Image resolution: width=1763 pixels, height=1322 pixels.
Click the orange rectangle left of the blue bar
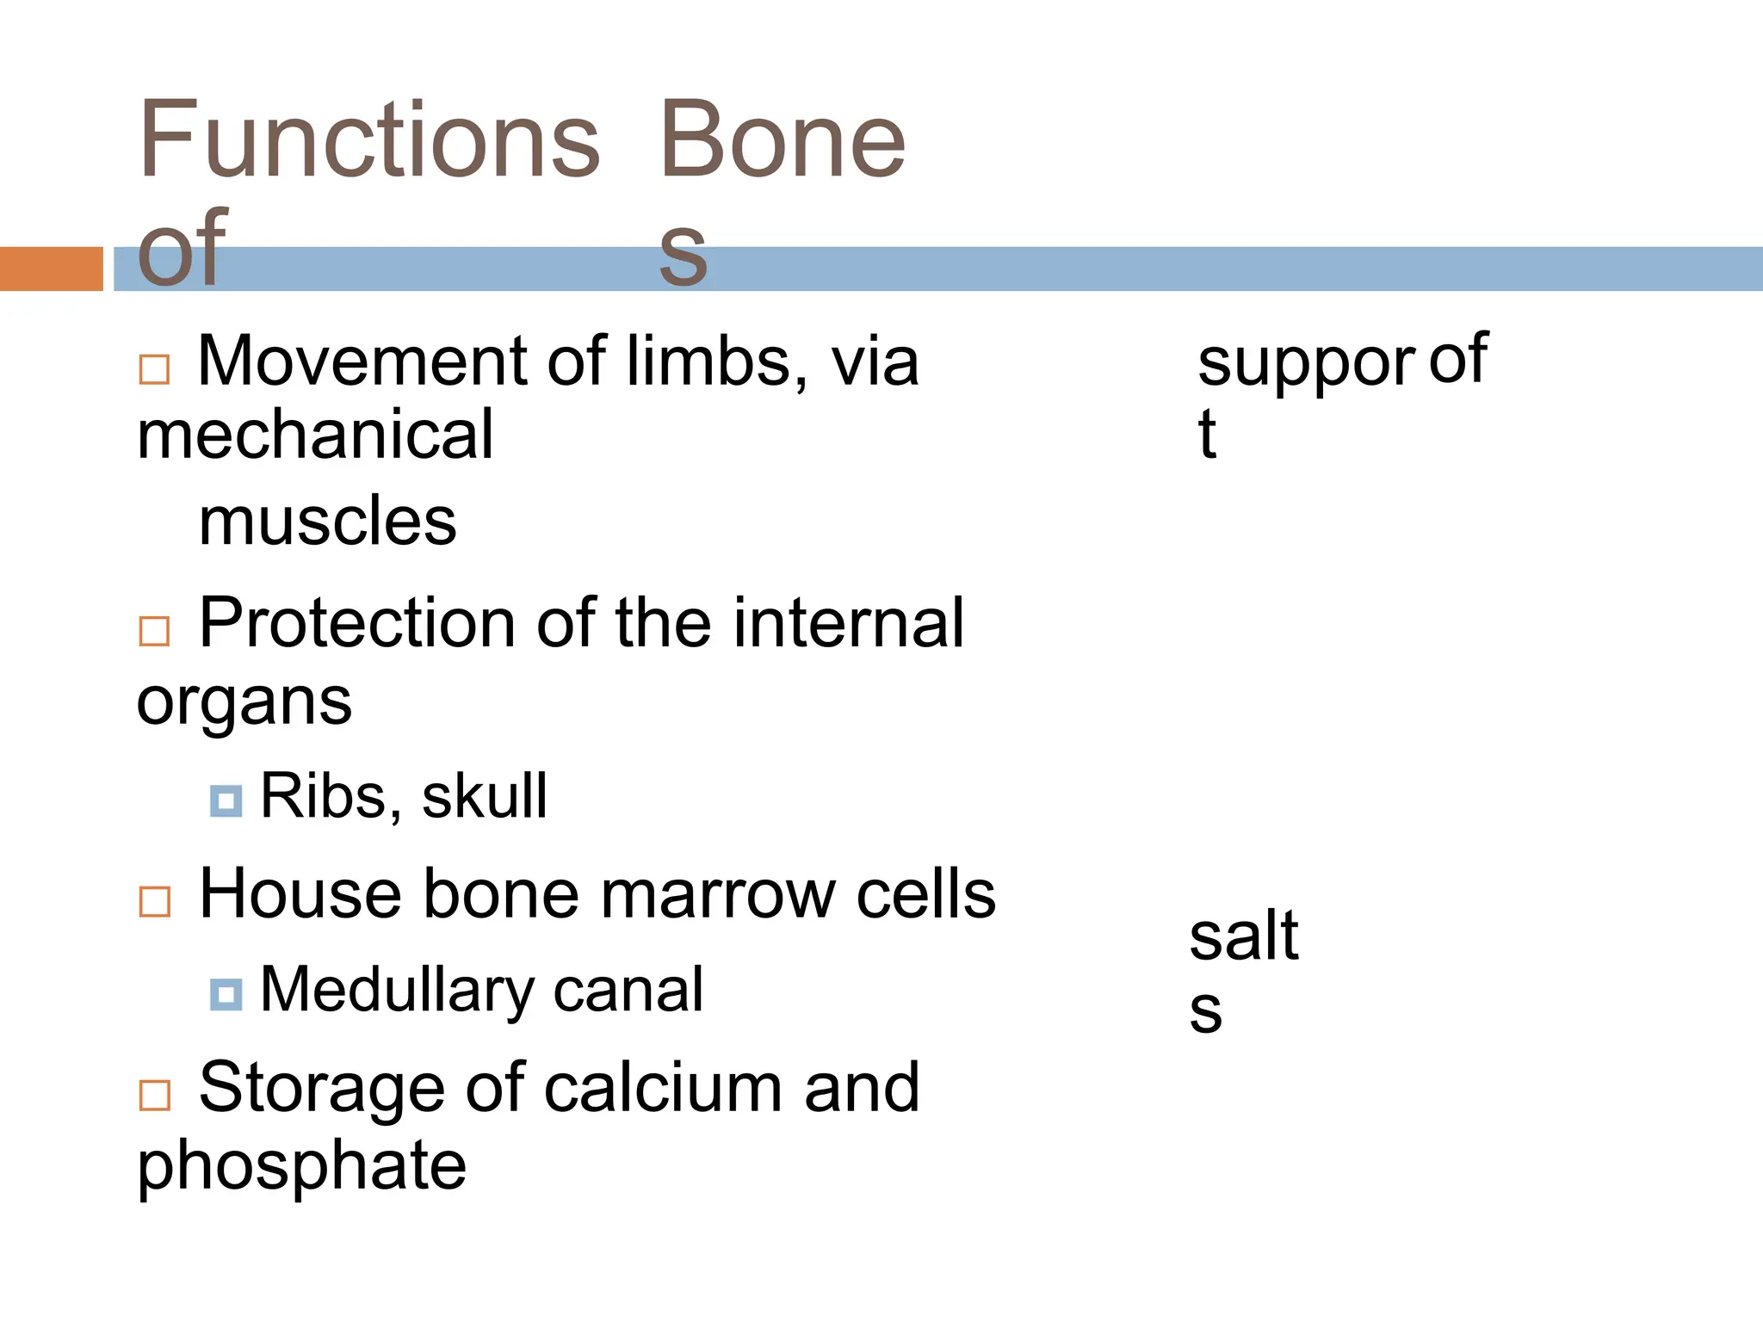(x=51, y=269)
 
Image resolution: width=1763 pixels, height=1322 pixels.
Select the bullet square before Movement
(x=155, y=369)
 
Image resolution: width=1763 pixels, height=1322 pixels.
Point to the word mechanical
(x=315, y=436)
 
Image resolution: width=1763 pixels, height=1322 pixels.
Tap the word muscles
(x=327, y=522)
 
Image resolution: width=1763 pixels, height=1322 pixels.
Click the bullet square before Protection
(x=155, y=631)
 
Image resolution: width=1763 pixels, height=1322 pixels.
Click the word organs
(x=244, y=702)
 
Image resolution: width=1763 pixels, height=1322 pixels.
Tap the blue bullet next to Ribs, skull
(x=226, y=801)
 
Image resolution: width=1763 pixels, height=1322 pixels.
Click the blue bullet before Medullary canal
(x=226, y=995)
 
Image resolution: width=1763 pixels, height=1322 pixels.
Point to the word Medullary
(x=397, y=990)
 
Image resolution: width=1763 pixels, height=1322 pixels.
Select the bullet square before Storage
(x=155, y=1096)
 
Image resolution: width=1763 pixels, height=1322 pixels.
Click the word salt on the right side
(x=1243, y=936)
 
